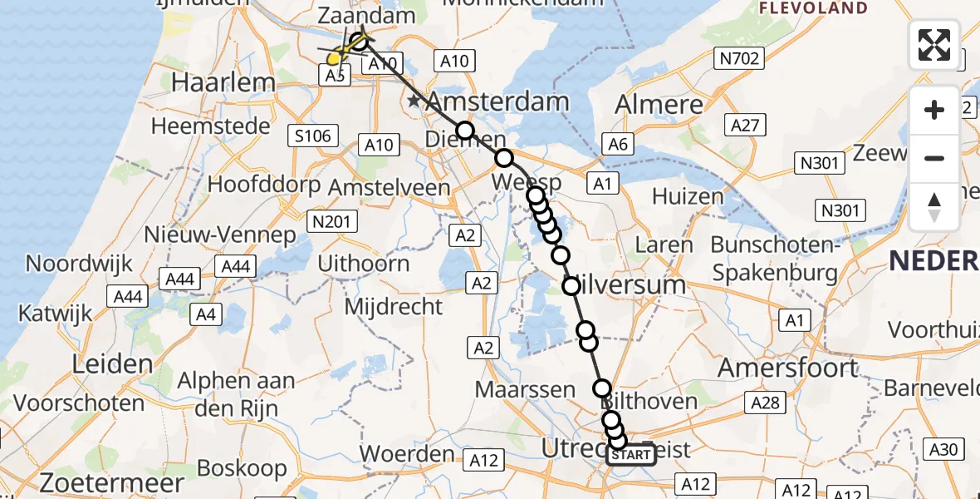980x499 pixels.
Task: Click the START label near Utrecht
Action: (x=631, y=455)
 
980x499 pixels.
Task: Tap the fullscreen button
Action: (x=934, y=44)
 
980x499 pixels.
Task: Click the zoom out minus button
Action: (x=934, y=158)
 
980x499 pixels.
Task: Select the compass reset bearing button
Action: (x=934, y=207)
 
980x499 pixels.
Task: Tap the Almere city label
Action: (x=659, y=105)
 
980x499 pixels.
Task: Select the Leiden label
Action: (x=112, y=363)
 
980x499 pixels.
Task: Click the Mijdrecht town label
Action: (x=393, y=306)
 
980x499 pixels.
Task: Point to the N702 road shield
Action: (x=735, y=58)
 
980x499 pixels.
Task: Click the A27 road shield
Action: (x=746, y=126)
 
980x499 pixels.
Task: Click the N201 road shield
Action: (x=332, y=221)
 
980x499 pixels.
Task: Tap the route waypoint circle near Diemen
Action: (x=464, y=131)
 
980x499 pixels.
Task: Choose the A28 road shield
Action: (x=764, y=403)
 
